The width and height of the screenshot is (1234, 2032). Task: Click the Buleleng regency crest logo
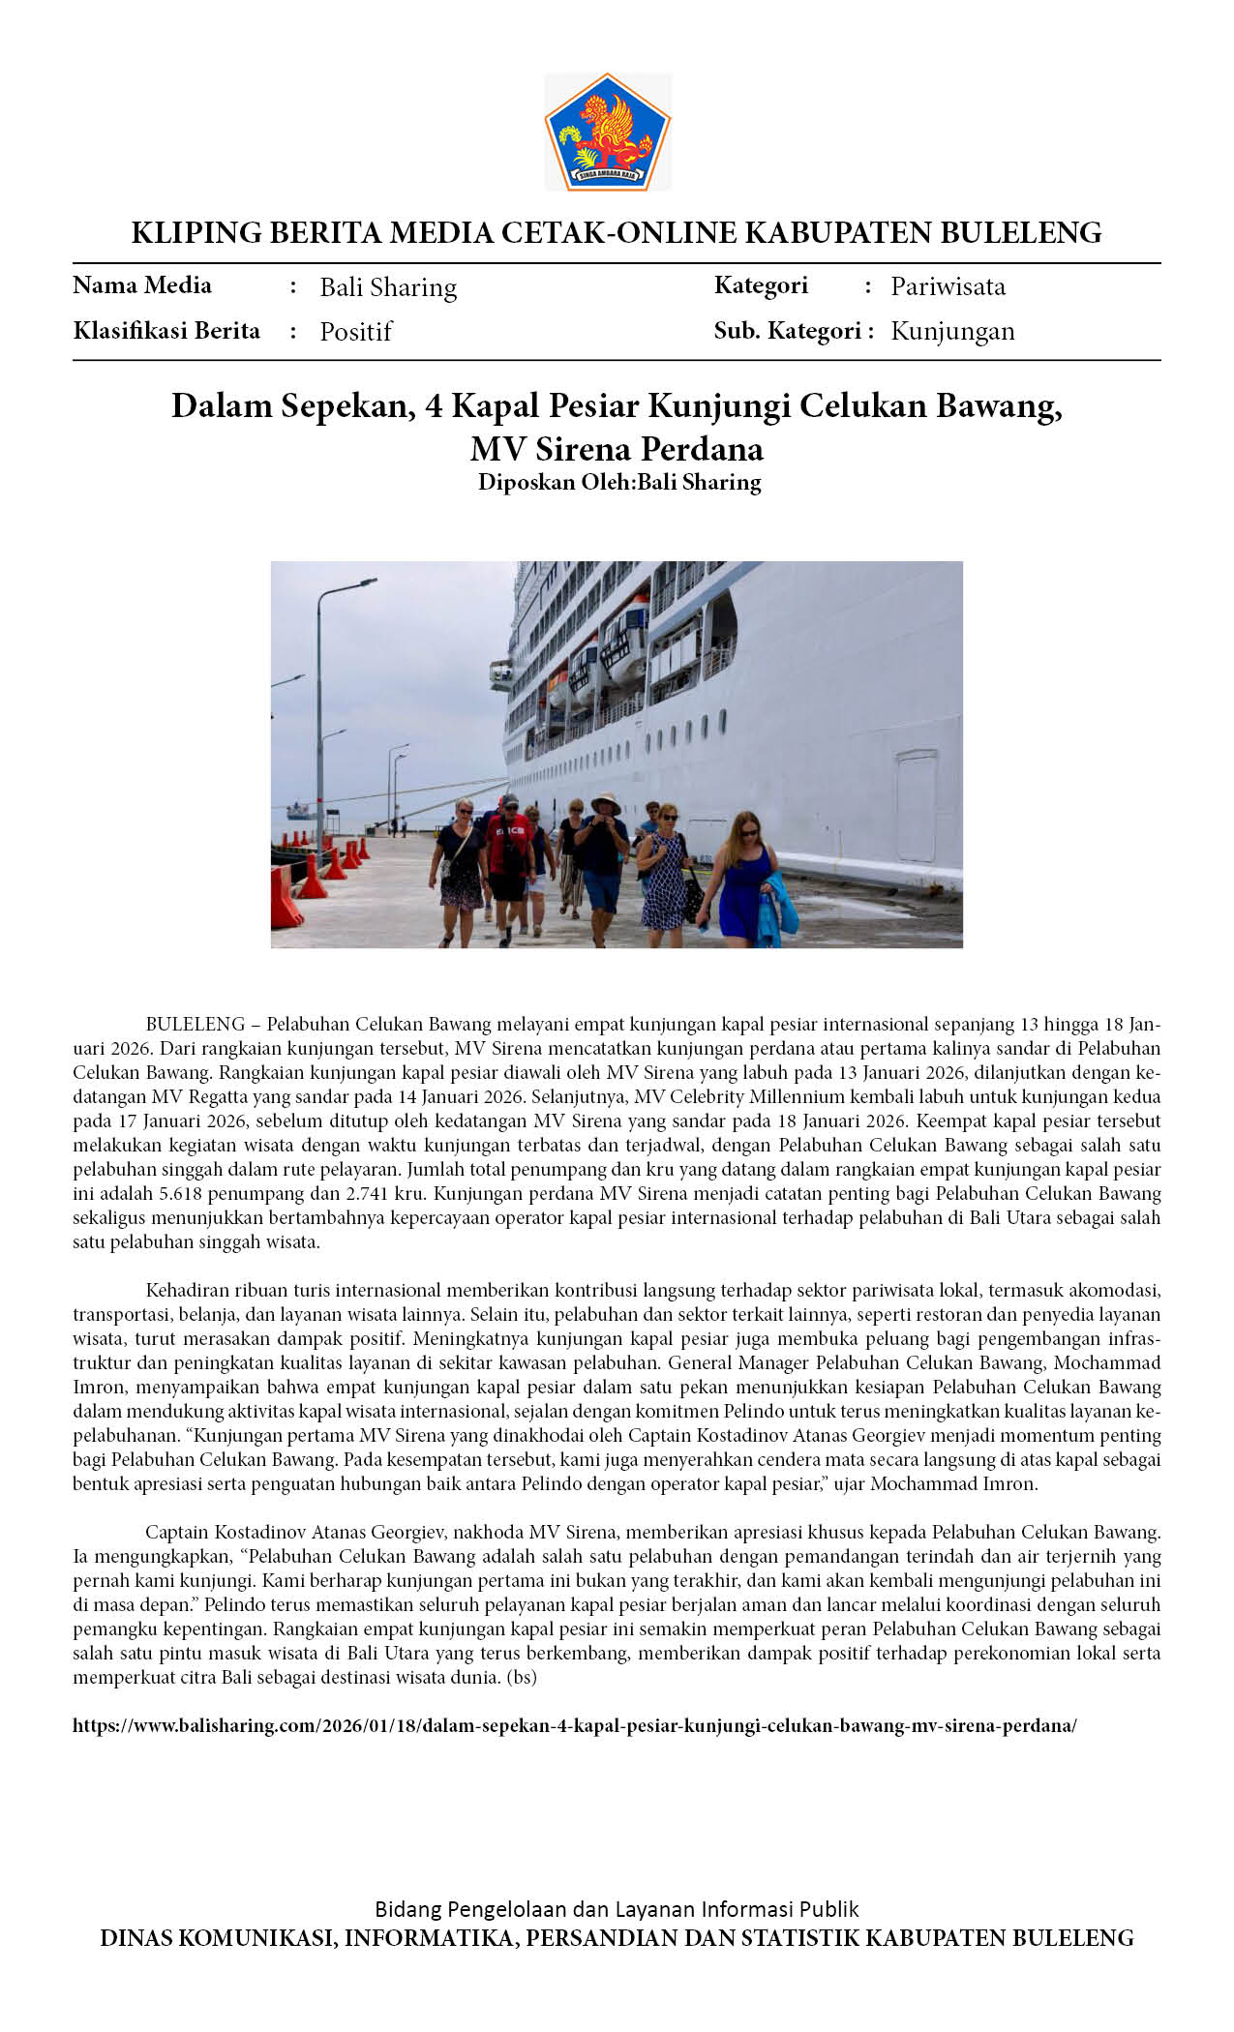608,132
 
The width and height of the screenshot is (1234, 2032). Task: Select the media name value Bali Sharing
388,287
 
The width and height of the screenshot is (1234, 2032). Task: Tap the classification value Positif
355,332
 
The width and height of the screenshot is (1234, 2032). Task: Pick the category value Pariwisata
948,286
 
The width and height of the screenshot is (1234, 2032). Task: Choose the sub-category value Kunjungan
952,332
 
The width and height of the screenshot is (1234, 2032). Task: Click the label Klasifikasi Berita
166,331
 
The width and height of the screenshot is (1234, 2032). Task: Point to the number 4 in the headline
434,406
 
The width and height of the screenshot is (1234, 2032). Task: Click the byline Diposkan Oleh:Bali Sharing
619,482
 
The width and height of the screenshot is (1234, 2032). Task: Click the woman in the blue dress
745,876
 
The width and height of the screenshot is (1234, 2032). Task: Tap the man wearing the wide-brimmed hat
603,852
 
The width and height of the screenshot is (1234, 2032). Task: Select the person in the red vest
509,852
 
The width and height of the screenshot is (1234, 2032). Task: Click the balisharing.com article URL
574,1725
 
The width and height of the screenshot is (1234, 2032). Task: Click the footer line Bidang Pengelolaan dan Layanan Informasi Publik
617,1909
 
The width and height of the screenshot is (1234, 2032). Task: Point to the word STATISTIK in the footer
798,1938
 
